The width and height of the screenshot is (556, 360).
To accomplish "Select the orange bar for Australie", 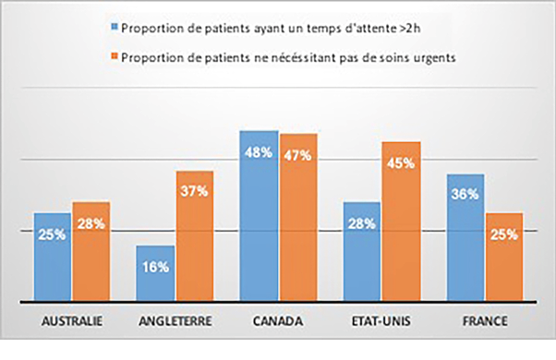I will coord(91,251).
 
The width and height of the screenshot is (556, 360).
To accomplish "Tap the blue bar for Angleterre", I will coord(155,273).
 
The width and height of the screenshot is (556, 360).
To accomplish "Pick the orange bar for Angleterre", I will coord(195,236).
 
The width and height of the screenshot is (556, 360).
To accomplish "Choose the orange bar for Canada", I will coord(298,218).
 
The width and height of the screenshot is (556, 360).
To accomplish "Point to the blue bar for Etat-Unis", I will coord(362,251).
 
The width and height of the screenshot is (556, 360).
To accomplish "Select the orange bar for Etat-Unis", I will coord(402,222).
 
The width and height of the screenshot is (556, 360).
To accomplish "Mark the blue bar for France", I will coord(465,237).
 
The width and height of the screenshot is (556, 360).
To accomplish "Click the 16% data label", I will coord(155,267).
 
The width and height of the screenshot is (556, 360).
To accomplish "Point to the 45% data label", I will coord(402,163).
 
